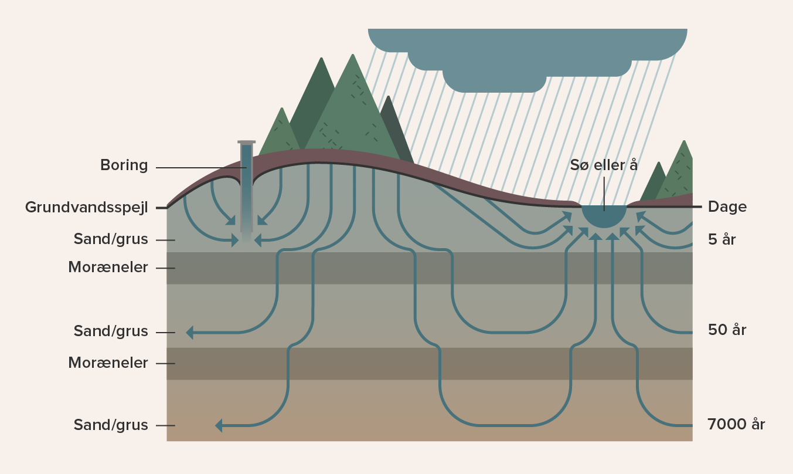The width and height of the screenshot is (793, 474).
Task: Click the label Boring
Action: (x=124, y=165)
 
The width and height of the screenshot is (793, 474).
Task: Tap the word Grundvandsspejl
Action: (x=86, y=208)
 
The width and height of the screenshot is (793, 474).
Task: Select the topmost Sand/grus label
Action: (x=110, y=239)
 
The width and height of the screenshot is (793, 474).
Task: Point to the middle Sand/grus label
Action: (x=110, y=331)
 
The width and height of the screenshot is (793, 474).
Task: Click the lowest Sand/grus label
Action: (x=110, y=425)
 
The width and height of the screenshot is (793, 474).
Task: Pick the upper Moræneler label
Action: (x=108, y=267)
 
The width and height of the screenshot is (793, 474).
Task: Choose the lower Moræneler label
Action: (x=108, y=363)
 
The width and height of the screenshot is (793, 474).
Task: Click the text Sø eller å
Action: (x=604, y=165)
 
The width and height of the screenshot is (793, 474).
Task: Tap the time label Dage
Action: (x=727, y=207)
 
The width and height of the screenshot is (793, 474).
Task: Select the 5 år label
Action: (x=721, y=239)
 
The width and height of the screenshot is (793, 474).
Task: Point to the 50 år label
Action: (x=727, y=330)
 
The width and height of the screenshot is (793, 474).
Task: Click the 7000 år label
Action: (x=736, y=424)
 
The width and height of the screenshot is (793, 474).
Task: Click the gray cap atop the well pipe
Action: (x=246, y=143)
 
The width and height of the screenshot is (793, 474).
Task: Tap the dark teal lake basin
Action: (x=604, y=215)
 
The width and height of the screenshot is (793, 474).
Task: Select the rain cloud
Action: (x=527, y=57)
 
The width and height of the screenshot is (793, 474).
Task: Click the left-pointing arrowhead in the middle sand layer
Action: (x=190, y=333)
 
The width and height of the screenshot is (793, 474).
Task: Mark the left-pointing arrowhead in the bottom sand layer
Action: (x=219, y=425)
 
